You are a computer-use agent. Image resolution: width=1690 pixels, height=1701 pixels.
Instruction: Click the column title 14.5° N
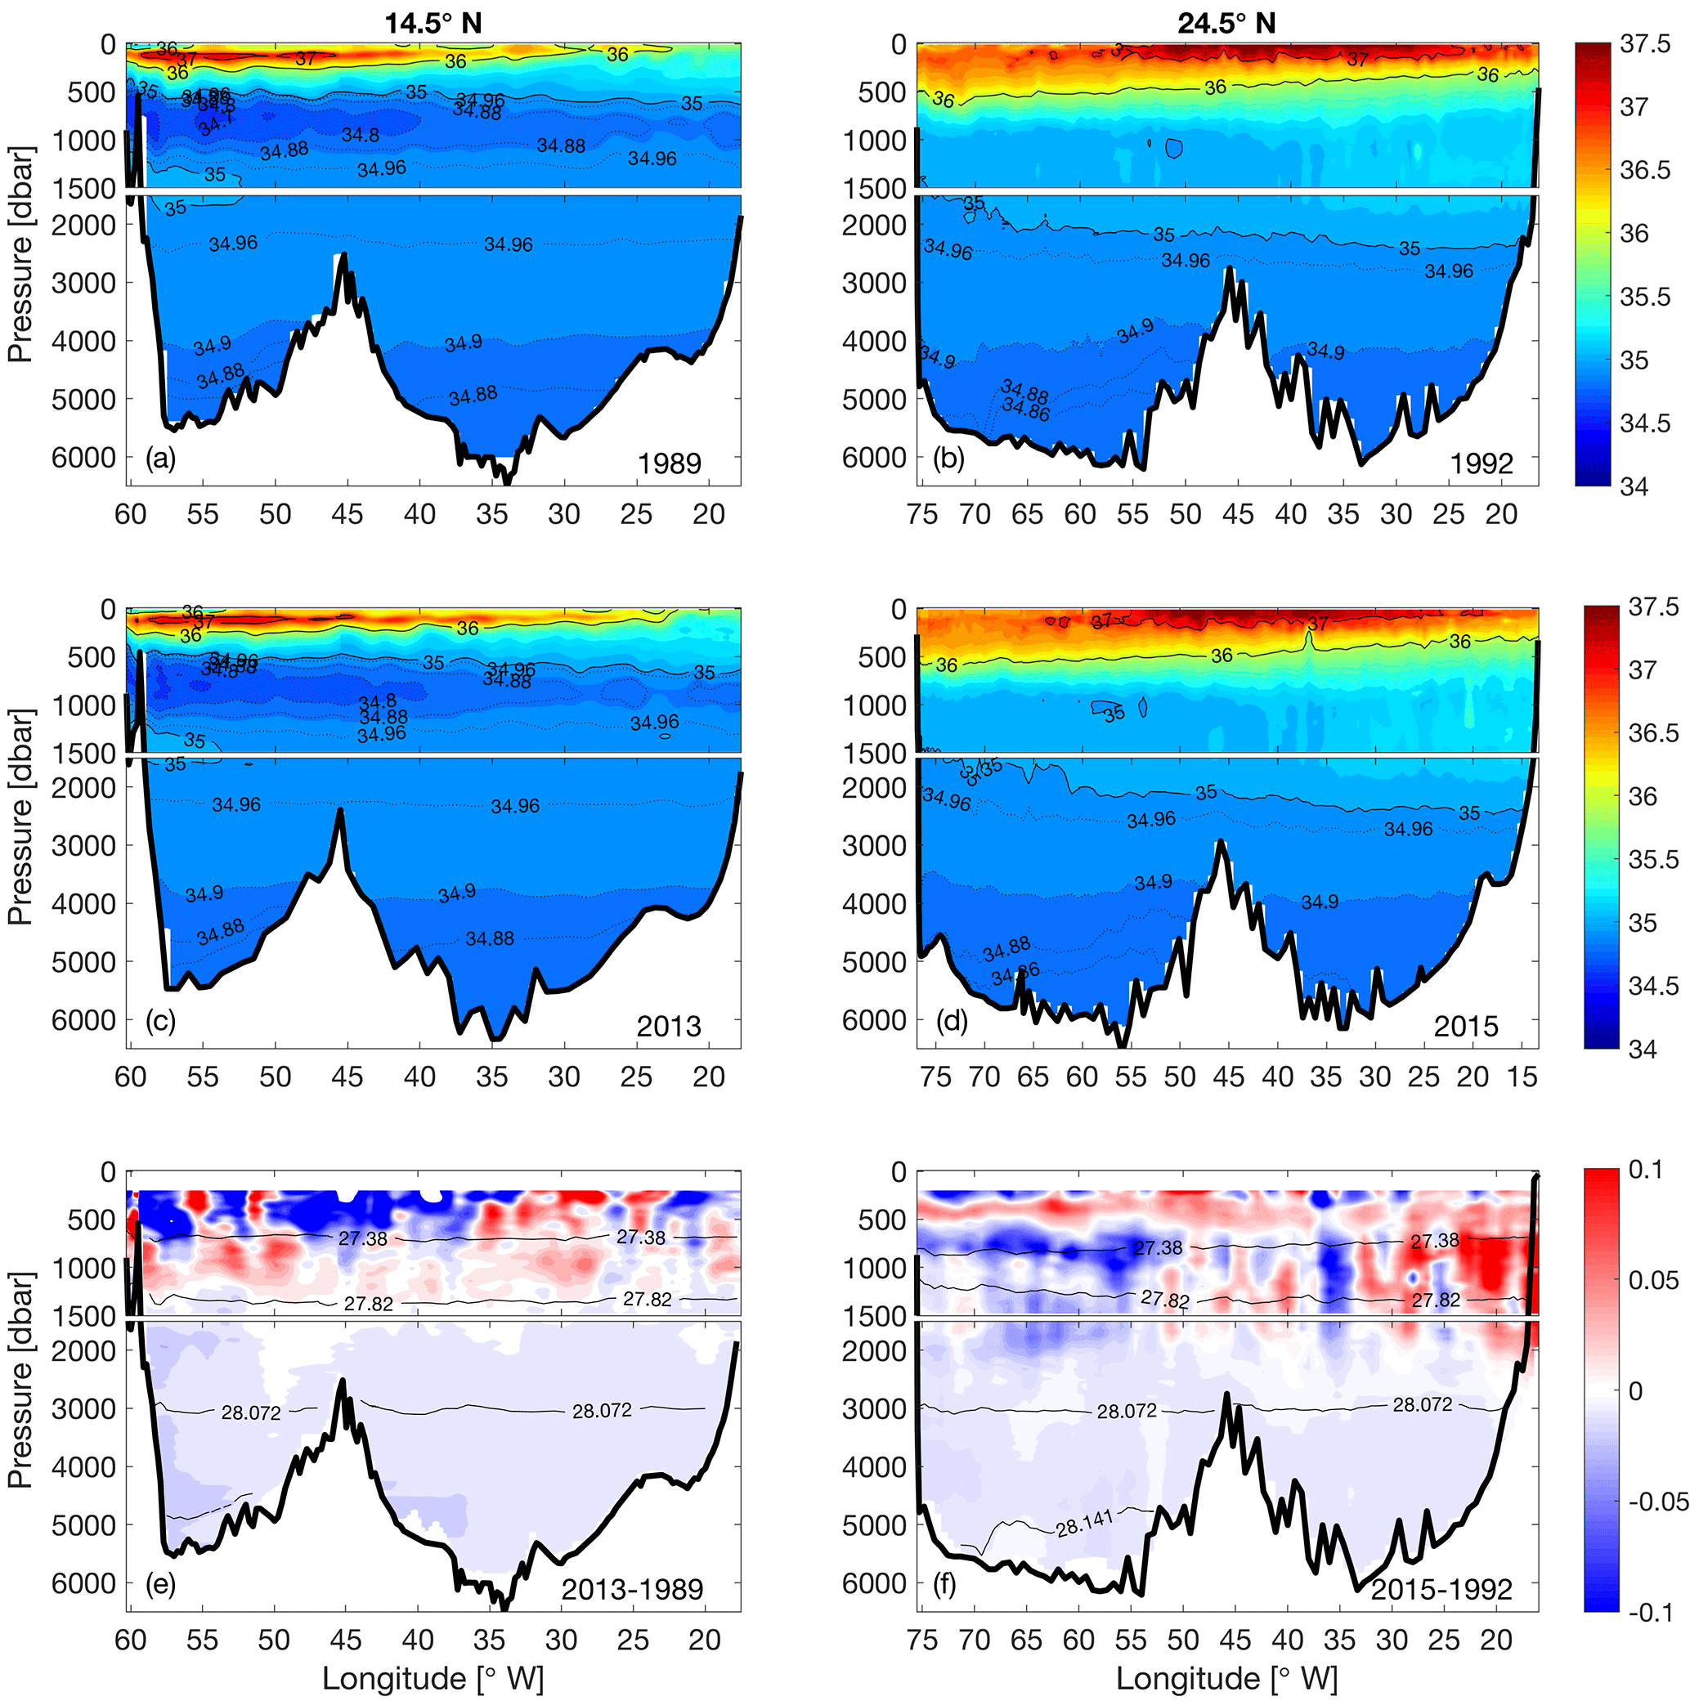point(433,23)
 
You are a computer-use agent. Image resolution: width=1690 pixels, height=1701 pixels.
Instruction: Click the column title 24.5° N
point(1226,23)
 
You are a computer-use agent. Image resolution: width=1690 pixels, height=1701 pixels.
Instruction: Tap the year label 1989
point(670,463)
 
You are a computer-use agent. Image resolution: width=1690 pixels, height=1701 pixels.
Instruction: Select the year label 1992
point(1482,463)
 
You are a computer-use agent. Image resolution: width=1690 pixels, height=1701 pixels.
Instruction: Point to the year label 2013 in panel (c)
point(670,1027)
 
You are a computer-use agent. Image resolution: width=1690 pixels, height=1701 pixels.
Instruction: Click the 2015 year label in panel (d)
point(1465,1027)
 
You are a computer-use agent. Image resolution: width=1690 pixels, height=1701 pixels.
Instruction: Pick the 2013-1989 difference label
point(632,1589)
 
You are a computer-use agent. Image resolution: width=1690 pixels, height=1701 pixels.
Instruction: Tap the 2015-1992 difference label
point(1441,1589)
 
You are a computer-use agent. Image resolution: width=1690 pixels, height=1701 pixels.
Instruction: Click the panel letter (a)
point(160,458)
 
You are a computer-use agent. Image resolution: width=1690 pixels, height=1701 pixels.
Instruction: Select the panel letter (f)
point(948,1585)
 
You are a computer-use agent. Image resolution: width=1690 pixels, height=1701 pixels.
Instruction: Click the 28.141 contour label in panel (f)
point(1085,1522)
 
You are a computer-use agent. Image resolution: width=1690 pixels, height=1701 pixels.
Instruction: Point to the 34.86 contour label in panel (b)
point(1026,409)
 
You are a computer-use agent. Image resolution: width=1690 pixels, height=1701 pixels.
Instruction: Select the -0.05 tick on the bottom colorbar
point(1656,1501)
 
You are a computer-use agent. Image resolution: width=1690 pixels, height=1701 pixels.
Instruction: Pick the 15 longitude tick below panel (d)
point(1522,1077)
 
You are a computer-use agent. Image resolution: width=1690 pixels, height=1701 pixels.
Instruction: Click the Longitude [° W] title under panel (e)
point(433,1678)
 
